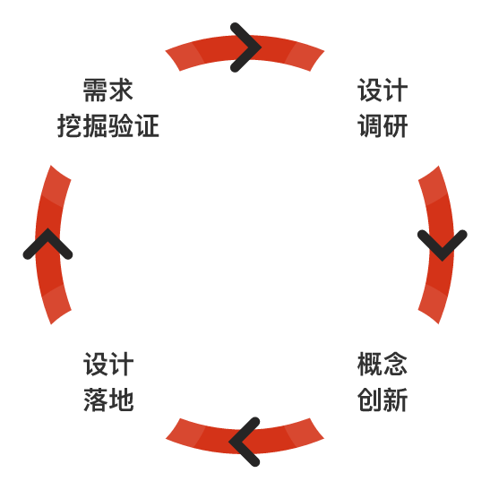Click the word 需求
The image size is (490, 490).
coord(108,90)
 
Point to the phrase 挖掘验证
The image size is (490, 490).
coord(108,125)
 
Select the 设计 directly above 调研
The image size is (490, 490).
coord(383,90)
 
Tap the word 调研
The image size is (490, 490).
coord(383,125)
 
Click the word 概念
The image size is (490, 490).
coord(383,364)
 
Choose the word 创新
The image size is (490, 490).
coord(383,400)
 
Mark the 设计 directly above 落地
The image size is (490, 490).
coord(108,364)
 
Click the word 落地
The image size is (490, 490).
coord(108,400)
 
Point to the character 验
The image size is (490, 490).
coord(121,125)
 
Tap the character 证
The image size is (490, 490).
coord(147,125)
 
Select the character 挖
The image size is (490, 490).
coord(70,125)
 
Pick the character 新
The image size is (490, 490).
coord(396,400)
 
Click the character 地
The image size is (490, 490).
coord(122,400)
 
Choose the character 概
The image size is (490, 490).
coord(370,364)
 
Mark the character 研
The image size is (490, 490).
coord(396,125)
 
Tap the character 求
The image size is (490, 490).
coord(121,90)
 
